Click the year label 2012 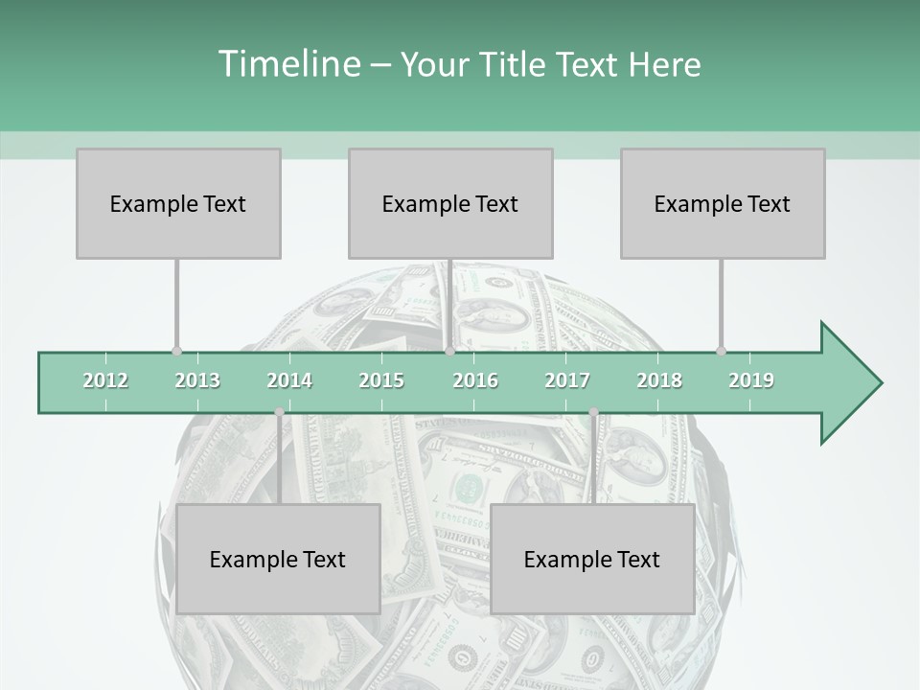tap(105, 380)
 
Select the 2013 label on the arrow tap(197, 380)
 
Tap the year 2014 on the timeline tap(289, 380)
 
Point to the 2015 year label tap(381, 380)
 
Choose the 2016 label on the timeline tap(475, 380)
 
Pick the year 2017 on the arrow tap(567, 380)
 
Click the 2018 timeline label tap(659, 380)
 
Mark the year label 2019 tap(751, 380)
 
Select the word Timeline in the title tap(287, 64)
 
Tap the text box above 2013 tap(178, 203)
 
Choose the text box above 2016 tap(450, 203)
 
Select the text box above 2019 tap(723, 203)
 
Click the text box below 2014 tap(278, 559)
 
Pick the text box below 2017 tap(592, 559)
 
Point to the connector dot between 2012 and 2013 tap(176, 351)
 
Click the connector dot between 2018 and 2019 tap(721, 351)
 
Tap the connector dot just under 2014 tap(279, 412)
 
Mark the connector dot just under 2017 tap(593, 412)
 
